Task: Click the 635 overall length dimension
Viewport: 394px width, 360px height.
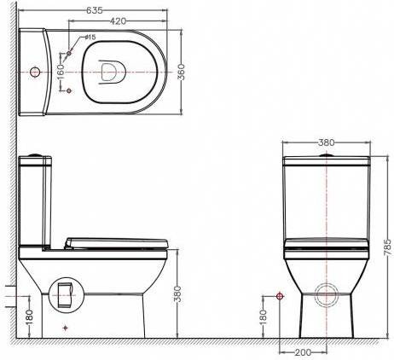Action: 95,10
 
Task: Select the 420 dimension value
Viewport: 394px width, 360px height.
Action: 118,21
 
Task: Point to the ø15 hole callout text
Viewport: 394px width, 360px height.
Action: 90,37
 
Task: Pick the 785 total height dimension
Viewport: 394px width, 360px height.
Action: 388,247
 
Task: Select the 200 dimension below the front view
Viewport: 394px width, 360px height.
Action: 303,352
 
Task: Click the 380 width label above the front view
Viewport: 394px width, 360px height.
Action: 327,142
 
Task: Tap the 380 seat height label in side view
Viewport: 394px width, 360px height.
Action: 177,293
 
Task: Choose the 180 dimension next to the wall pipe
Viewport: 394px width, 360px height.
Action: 29,316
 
